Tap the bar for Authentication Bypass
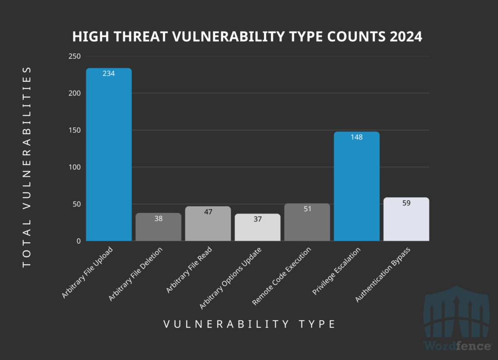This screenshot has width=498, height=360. (406, 221)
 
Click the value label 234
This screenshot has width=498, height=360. (109, 73)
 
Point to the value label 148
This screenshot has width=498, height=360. (356, 137)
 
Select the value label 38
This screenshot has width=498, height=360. (159, 218)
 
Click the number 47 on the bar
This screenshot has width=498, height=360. (208, 212)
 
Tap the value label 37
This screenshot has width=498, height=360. (258, 219)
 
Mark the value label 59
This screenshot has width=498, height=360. (406, 203)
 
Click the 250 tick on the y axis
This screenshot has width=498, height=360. (74, 56)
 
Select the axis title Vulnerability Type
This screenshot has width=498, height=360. (249, 324)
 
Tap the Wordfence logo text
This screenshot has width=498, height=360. (457, 346)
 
